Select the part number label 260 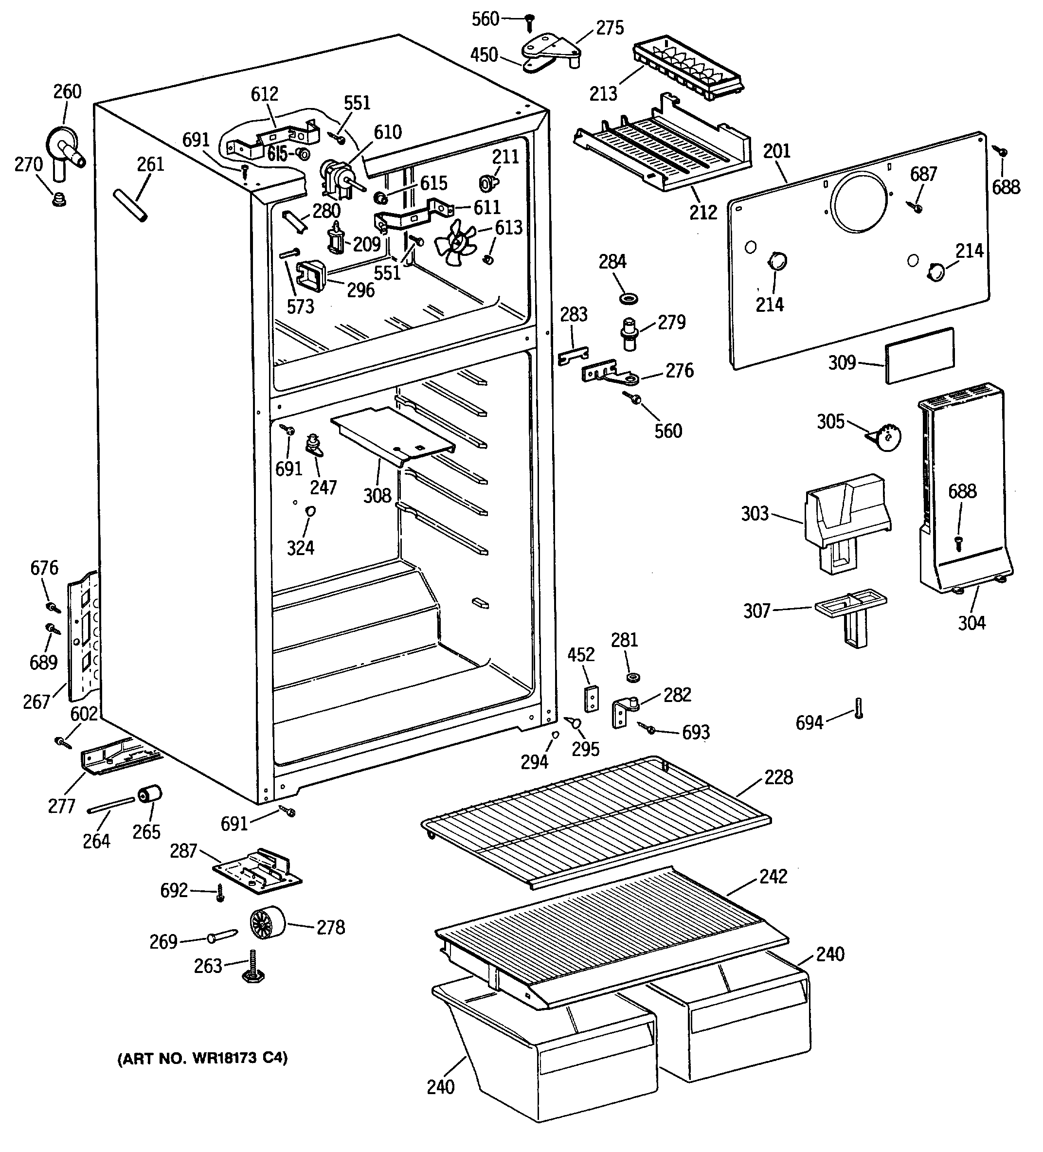click(68, 92)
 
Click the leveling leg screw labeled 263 click(252, 967)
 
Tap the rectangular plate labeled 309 click(919, 356)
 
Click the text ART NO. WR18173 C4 click(203, 1058)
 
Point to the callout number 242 click(773, 876)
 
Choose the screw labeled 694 click(859, 708)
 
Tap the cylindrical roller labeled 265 click(150, 795)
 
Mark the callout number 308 click(377, 495)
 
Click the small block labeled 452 click(592, 698)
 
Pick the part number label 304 click(971, 622)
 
